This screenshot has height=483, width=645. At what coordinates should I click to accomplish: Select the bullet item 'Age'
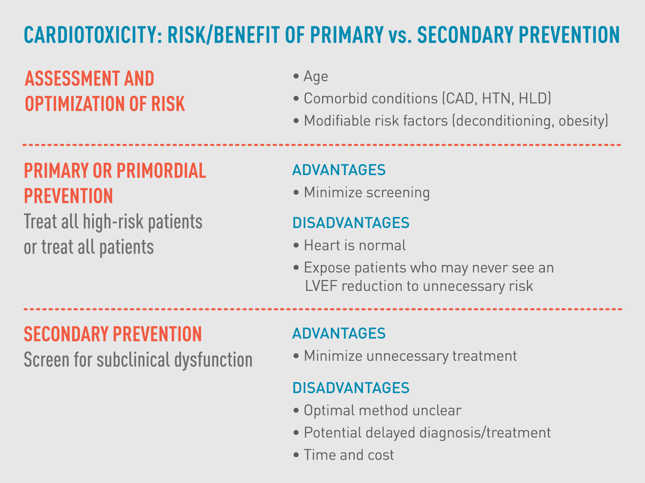tap(316, 77)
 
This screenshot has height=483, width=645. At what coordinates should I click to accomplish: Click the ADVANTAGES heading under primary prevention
tap(338, 170)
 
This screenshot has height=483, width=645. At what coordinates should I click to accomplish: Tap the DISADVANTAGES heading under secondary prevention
tap(351, 388)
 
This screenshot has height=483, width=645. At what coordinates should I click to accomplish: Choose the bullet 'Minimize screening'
tap(366, 193)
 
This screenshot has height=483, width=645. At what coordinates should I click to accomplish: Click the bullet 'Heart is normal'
tap(354, 245)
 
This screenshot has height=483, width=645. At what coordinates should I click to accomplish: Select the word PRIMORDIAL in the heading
tap(161, 171)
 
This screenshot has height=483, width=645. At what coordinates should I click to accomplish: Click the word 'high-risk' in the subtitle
tap(113, 222)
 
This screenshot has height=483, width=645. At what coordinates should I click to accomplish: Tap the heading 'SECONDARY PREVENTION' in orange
tap(113, 334)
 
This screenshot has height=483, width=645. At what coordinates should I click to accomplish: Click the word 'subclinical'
tap(134, 360)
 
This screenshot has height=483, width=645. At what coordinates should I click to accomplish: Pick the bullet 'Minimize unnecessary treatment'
tap(410, 356)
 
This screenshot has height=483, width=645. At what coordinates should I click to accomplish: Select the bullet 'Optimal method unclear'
tap(382, 411)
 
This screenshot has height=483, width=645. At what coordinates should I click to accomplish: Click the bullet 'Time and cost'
tap(348, 455)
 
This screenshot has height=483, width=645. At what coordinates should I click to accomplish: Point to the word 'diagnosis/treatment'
tap(485, 433)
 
